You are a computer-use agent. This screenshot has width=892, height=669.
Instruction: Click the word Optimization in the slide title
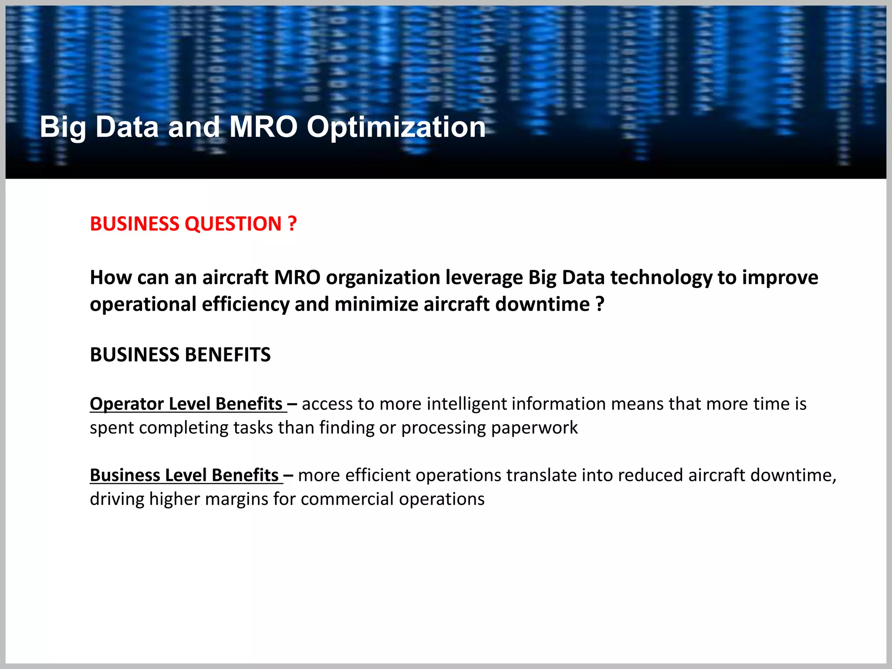[x=396, y=127]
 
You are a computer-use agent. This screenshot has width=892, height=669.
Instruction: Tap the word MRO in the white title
[x=263, y=127]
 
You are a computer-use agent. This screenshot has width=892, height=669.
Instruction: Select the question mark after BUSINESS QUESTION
[x=292, y=224]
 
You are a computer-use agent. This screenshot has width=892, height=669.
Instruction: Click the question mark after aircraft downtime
[x=600, y=304]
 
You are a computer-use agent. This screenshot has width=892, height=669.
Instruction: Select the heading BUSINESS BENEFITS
[x=180, y=355]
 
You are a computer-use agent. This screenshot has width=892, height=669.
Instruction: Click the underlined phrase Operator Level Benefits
[x=186, y=404]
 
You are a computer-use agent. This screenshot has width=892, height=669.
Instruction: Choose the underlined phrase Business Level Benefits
[x=184, y=475]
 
